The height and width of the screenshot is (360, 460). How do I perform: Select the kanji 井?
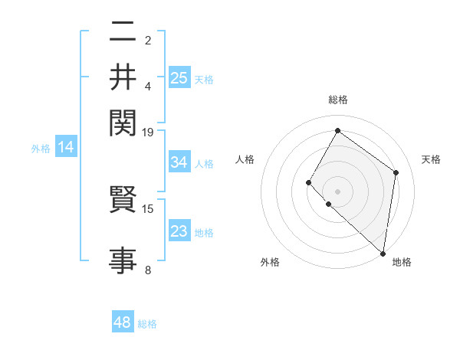pos(123,77)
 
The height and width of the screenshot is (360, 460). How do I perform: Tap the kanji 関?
pos(123,120)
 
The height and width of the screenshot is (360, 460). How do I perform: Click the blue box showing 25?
pos(179,77)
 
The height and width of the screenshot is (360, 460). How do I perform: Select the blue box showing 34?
pos(179,162)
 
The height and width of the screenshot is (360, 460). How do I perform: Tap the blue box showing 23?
pos(179,231)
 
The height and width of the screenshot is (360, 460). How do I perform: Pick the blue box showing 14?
pos(66,148)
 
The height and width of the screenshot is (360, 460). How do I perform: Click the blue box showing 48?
pos(123,322)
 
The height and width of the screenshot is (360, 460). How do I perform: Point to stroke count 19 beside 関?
pos(148,132)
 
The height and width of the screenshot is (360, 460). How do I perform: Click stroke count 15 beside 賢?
pos(148,208)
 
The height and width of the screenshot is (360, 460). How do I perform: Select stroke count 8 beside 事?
pos(148,270)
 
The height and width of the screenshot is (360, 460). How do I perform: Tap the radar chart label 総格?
pos(337,100)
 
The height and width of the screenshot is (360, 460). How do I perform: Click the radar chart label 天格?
pos(431,159)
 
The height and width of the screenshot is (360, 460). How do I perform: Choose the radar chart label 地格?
pos(402,262)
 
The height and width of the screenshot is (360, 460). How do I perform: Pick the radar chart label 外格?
pos(270,262)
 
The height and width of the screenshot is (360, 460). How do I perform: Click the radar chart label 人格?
pos(245,159)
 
